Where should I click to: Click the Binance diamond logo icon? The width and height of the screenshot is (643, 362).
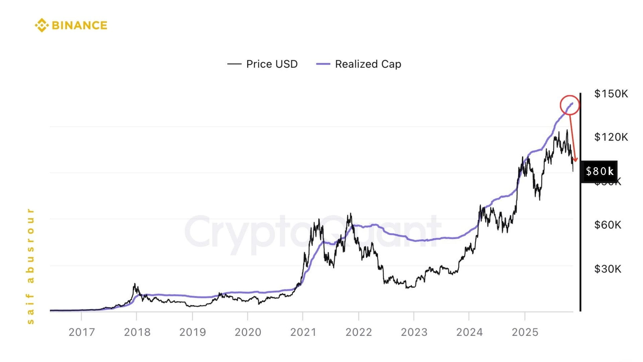pyautogui.click(x=42, y=25)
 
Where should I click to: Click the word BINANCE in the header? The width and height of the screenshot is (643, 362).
pyautogui.click(x=80, y=25)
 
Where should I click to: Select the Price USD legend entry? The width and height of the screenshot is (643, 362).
pyautogui.click(x=263, y=64)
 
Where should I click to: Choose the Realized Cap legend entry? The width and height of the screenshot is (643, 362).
pyautogui.click(x=359, y=64)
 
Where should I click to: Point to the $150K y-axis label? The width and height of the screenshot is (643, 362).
pyautogui.click(x=611, y=94)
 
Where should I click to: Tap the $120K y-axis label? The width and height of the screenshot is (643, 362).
pyautogui.click(x=611, y=137)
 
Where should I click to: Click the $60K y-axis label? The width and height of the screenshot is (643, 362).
pyautogui.click(x=608, y=225)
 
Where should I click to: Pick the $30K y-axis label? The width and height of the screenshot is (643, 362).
pyautogui.click(x=608, y=269)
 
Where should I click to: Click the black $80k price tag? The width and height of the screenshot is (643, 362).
pyautogui.click(x=599, y=171)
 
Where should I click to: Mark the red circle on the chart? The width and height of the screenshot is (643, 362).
pyautogui.click(x=569, y=105)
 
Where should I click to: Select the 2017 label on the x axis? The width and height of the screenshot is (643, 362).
pyautogui.click(x=82, y=332)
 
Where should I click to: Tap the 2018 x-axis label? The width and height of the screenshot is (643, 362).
pyautogui.click(x=137, y=332)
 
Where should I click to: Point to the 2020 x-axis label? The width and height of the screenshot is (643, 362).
pyautogui.click(x=248, y=332)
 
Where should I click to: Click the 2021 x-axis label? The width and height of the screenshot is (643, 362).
pyautogui.click(x=303, y=332)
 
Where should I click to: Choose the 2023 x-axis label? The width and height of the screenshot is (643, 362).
pyautogui.click(x=414, y=332)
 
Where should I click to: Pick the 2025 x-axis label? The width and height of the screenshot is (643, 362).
pyautogui.click(x=525, y=332)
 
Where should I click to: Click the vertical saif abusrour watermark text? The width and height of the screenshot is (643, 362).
pyautogui.click(x=30, y=266)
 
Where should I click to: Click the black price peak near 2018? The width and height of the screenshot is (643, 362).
pyautogui.click(x=135, y=285)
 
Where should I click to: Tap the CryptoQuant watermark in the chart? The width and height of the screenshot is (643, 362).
pyautogui.click(x=311, y=231)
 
